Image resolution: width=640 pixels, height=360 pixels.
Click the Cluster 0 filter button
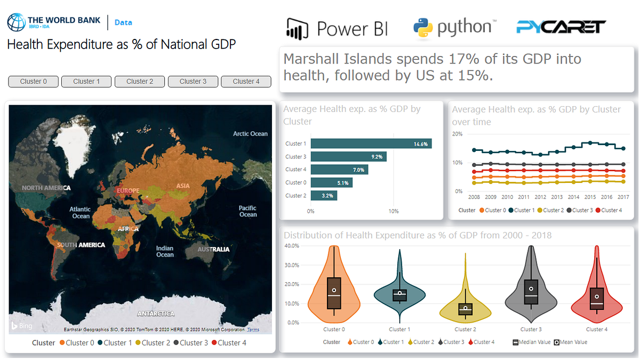click(x=33, y=82)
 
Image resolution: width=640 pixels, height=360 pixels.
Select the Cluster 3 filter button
click(x=193, y=82)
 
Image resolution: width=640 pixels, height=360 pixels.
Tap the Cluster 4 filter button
click(x=246, y=82)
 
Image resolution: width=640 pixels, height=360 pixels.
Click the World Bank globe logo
click(x=16, y=22)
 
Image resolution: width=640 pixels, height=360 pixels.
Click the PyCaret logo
click(x=561, y=26)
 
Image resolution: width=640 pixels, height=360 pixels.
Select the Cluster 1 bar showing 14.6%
click(x=371, y=144)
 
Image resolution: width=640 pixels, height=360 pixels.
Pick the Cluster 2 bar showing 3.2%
click(x=324, y=196)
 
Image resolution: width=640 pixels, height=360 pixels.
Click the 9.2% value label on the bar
click(x=377, y=157)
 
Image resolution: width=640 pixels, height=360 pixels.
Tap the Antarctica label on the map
click(x=156, y=314)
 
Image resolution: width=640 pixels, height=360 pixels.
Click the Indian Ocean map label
click(x=165, y=251)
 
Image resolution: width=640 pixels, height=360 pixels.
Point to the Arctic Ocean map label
click(x=250, y=133)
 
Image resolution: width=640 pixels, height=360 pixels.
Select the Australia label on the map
click(x=213, y=249)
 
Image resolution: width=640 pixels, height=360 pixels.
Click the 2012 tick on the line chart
click(x=540, y=197)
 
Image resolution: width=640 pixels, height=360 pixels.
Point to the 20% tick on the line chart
click(x=457, y=133)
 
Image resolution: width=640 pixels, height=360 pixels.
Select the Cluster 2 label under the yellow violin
click(x=466, y=330)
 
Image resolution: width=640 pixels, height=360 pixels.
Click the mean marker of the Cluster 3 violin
click(x=531, y=289)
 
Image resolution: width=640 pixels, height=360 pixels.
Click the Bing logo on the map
click(x=22, y=326)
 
